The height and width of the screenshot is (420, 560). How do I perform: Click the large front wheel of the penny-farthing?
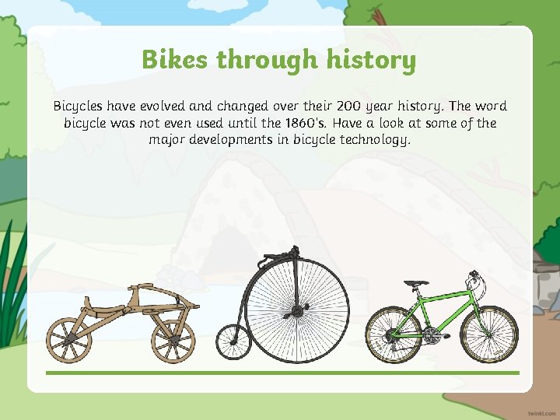tap(296, 311)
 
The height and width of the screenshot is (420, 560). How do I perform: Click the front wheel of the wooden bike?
tap(173, 340)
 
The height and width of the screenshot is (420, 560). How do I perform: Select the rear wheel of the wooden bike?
tap(70, 340)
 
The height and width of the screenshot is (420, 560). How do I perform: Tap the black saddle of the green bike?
tap(416, 283)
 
